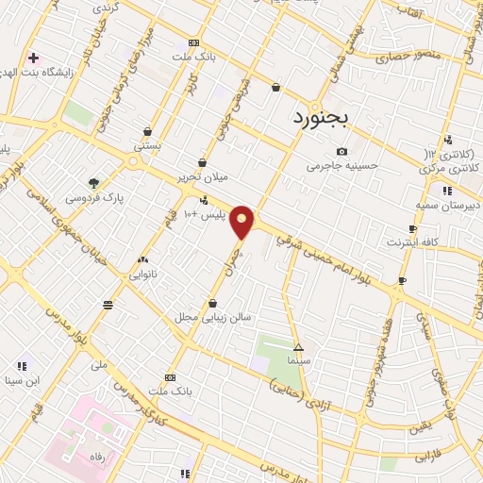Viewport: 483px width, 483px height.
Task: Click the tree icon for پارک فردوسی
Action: click(x=93, y=183)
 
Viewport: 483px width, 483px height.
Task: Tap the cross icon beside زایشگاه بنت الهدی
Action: click(x=33, y=58)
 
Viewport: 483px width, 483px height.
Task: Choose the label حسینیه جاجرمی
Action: click(x=341, y=166)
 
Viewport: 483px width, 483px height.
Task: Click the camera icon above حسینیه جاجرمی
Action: click(x=341, y=151)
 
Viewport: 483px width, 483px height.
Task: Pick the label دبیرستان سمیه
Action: click(x=446, y=205)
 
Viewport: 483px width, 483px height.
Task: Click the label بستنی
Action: click(x=147, y=146)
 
